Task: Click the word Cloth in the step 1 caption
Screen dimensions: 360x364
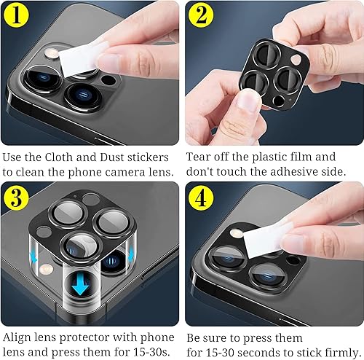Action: [x=70, y=157]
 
